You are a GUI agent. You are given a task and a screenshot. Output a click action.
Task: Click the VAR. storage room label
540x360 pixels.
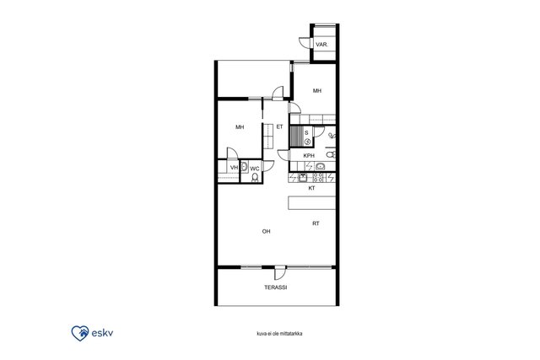(x=321, y=45)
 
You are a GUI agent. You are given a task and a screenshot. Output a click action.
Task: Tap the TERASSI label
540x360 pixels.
(x=276, y=287)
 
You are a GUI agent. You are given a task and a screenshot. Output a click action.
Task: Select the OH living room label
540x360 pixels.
(x=267, y=232)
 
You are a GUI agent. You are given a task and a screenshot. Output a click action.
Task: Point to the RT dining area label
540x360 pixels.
(x=316, y=223)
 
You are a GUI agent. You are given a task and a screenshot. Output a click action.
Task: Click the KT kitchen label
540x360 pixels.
(x=311, y=188)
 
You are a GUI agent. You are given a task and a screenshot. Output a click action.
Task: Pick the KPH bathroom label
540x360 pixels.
(x=309, y=156)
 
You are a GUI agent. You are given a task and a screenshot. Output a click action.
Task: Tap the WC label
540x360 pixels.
(x=255, y=169)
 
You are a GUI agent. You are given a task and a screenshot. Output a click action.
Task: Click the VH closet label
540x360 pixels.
(x=235, y=168)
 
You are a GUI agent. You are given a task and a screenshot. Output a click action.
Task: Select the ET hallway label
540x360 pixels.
(x=279, y=127)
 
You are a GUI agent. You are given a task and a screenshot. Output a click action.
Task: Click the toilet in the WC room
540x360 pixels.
(x=255, y=177)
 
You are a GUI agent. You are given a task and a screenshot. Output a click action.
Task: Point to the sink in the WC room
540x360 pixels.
(x=244, y=167)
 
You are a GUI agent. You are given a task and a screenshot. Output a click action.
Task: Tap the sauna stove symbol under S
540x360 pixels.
(x=307, y=141)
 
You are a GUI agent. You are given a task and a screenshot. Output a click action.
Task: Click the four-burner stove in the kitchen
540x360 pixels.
(x=319, y=178)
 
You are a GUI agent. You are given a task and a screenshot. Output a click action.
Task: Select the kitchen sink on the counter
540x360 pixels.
(x=302, y=178)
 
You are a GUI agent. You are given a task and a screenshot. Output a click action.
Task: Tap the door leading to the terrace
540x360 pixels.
(x=280, y=273)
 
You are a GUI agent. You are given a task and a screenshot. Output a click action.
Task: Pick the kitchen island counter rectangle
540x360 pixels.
(x=311, y=202)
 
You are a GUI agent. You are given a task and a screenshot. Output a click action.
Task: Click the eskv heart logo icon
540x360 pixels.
(x=80, y=333)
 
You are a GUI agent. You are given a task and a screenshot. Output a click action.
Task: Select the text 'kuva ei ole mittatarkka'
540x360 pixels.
(x=279, y=334)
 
